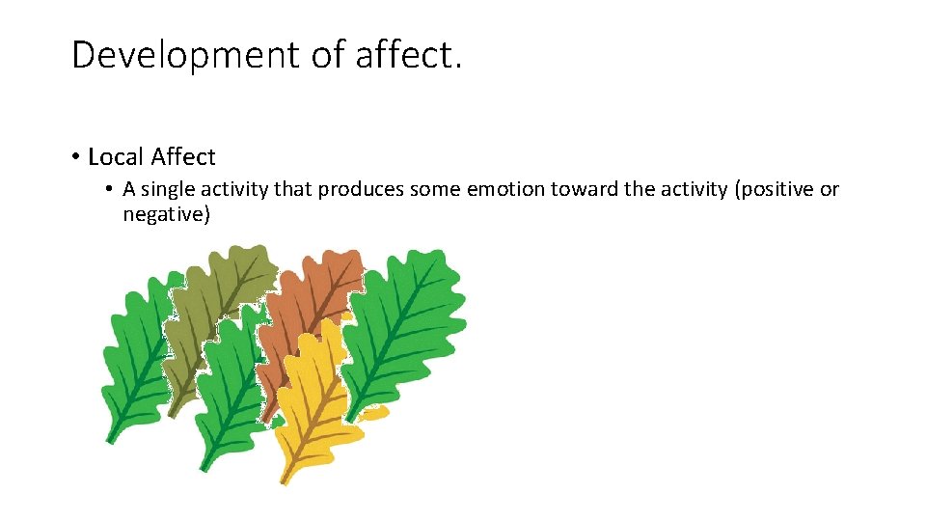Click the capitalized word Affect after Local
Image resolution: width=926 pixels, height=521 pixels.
pos(183,156)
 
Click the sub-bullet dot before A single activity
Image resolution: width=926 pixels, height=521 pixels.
pos(111,189)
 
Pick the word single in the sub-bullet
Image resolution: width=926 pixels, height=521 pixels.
pos(169,189)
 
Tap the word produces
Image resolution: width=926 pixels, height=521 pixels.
pos(361,189)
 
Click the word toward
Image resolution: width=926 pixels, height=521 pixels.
pos(585,189)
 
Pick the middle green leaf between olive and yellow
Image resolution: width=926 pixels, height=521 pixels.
pos(231,386)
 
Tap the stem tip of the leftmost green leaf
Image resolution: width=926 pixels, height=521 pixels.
pos(110,440)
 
